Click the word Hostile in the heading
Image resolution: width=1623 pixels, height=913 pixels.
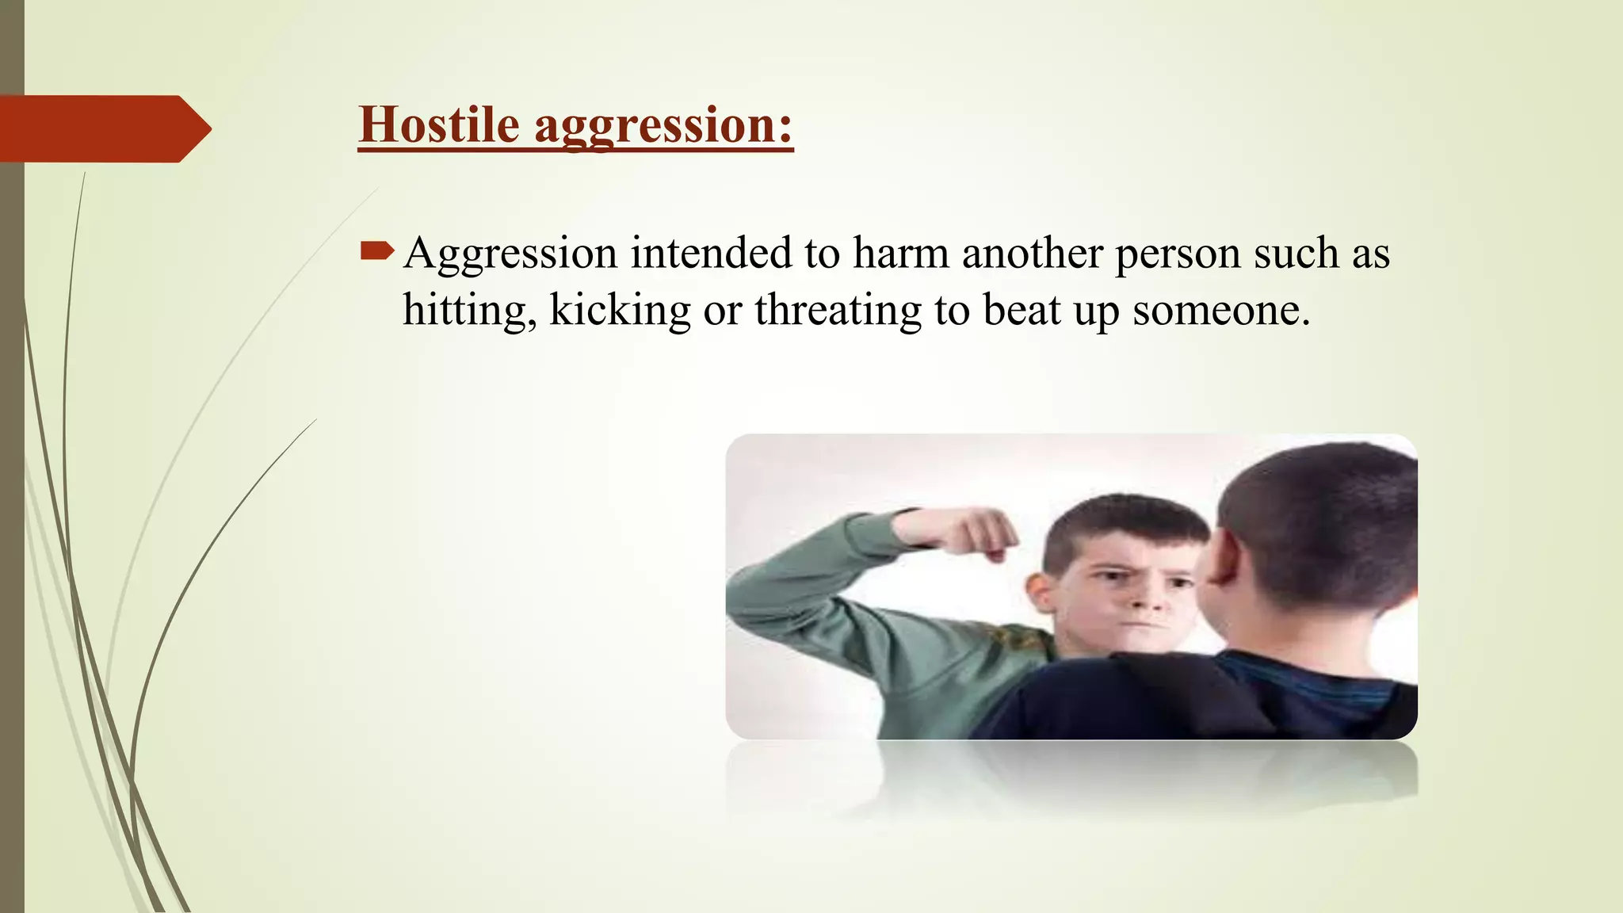coord(438,125)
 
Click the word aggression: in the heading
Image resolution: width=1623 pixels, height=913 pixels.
coord(663,127)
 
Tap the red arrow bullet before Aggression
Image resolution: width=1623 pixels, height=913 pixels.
coord(376,252)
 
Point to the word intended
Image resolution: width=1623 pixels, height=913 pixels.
coord(711,254)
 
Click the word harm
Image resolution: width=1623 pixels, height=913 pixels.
coord(900,254)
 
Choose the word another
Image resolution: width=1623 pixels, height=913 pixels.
coord(1032,254)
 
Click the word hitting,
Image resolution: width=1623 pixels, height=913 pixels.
coord(469,311)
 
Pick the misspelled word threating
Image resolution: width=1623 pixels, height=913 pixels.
coord(838,311)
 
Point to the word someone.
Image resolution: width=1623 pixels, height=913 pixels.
coord(1220,311)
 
